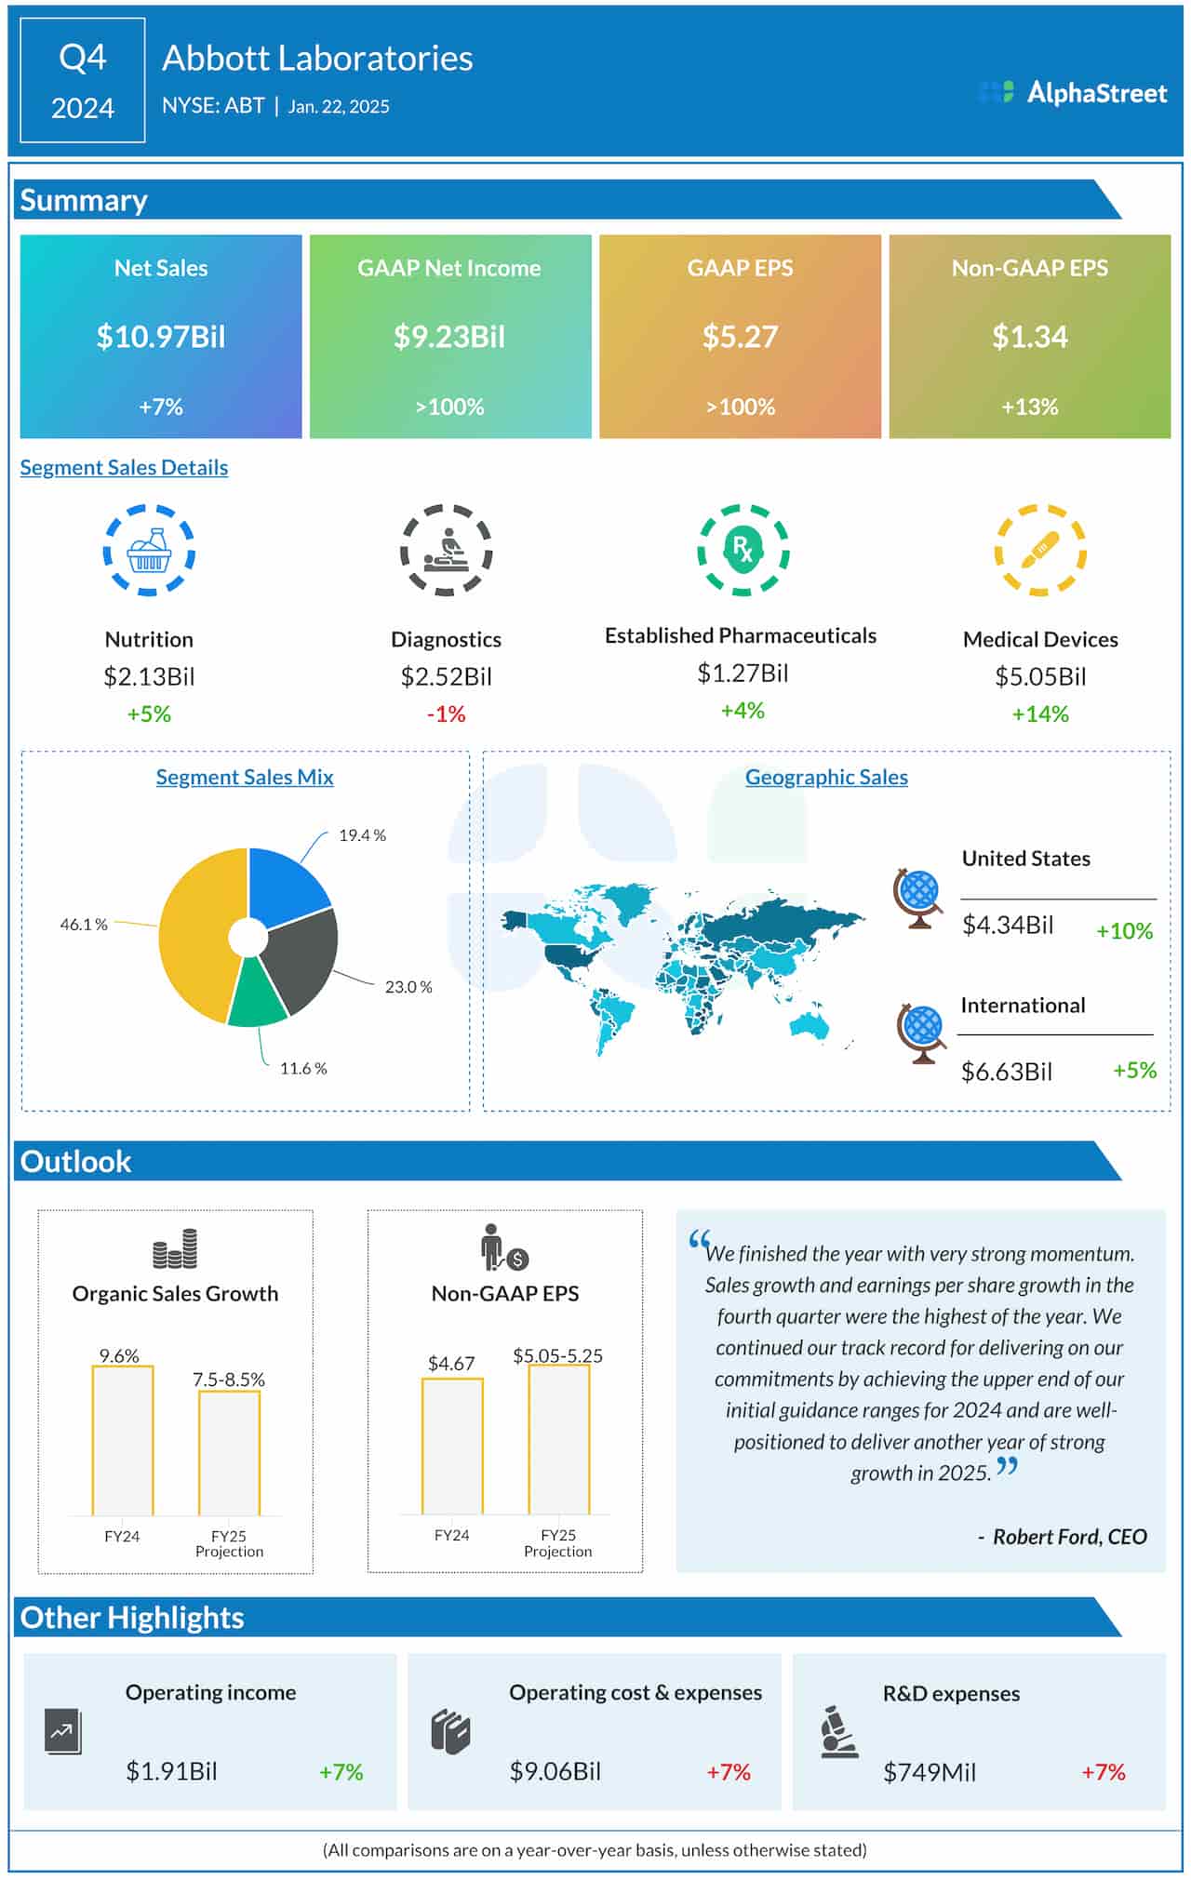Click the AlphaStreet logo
click(1073, 93)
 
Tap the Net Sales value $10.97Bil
click(161, 337)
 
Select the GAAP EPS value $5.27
click(740, 337)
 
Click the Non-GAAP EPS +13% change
click(1029, 407)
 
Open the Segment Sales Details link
click(124, 467)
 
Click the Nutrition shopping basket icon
click(149, 551)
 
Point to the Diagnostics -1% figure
click(446, 713)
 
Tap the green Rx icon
click(743, 549)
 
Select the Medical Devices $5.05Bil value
click(1040, 676)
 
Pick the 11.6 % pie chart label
click(303, 1068)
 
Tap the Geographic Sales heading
click(826, 777)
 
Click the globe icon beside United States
click(918, 898)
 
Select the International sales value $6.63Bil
click(1007, 1072)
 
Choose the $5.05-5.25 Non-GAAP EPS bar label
click(557, 1355)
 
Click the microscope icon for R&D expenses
click(838, 1731)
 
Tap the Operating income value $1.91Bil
click(171, 1771)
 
